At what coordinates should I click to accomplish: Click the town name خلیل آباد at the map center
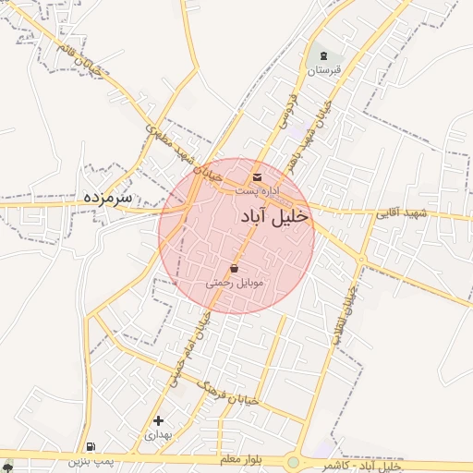point(274,215)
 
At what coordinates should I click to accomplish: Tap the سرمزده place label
point(108,197)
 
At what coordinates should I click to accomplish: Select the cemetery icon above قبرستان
point(324,56)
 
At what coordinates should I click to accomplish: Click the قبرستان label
point(324,70)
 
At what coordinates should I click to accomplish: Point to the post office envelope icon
point(256,176)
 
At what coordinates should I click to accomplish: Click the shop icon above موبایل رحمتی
point(234,269)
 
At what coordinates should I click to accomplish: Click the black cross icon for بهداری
point(158,420)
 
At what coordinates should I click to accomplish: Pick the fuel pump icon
point(89,445)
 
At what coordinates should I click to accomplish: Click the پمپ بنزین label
point(90,459)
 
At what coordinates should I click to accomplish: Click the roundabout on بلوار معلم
point(294,461)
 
